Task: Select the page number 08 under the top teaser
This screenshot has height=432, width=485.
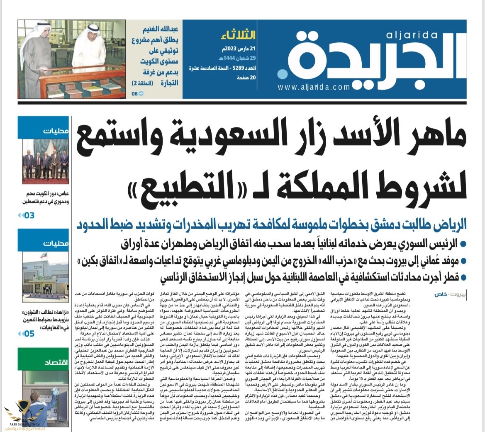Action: (134, 94)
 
